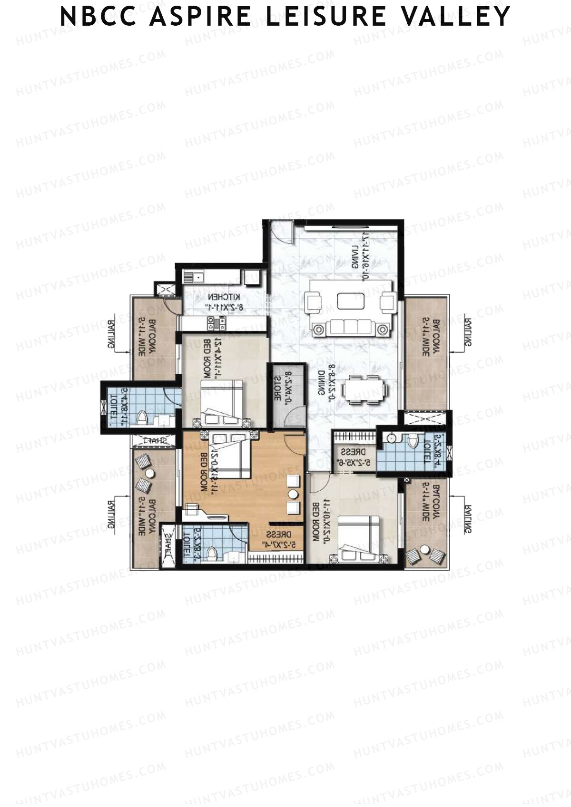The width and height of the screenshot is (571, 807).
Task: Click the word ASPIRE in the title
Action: [200, 17]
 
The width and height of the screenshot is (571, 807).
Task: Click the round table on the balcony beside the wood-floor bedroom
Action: [150, 474]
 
